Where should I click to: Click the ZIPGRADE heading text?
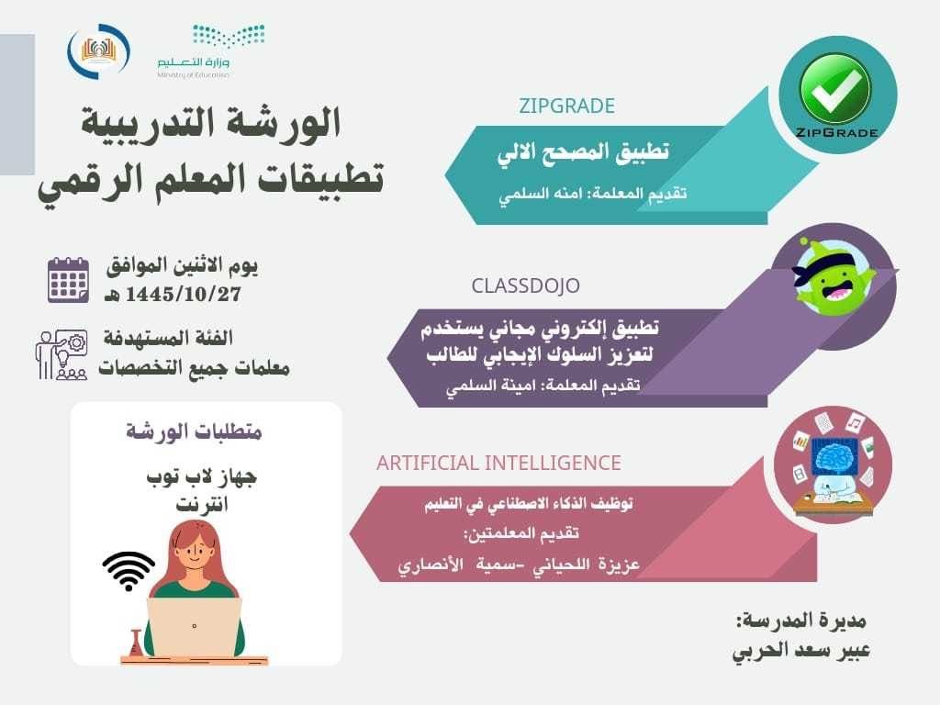(566, 106)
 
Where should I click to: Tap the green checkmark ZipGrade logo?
(837, 95)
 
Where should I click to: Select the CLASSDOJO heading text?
(525, 285)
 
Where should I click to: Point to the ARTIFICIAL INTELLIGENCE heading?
(498, 463)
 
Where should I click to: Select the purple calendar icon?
(68, 280)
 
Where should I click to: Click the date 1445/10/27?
(183, 295)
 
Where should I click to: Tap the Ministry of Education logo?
(210, 51)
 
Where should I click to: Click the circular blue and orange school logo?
(98, 51)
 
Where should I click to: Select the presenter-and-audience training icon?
(62, 354)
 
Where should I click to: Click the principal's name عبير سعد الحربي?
(800, 651)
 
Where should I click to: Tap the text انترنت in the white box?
(202, 504)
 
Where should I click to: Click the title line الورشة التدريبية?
(210, 123)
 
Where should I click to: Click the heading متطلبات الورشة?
(194, 431)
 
